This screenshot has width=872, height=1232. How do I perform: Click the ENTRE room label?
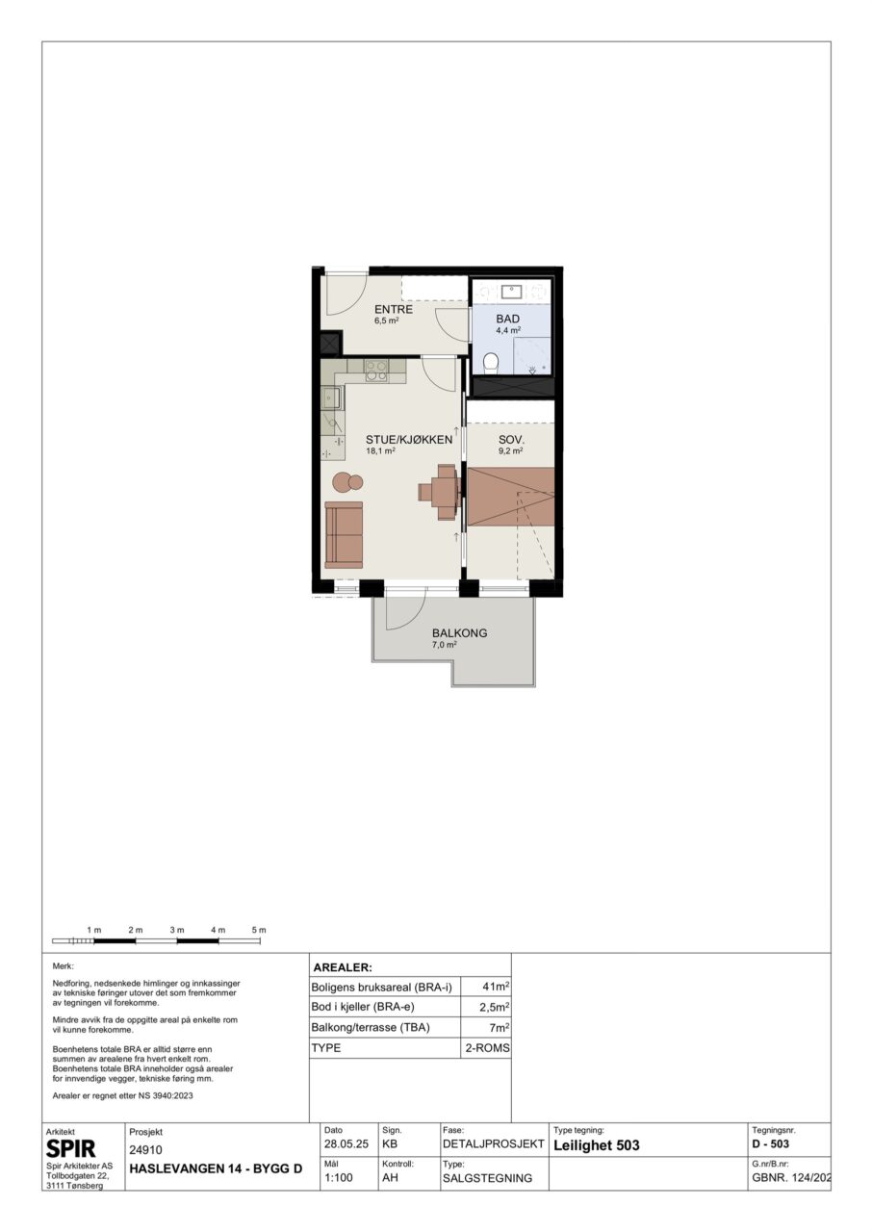click(x=393, y=310)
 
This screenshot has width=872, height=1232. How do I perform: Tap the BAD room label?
click(x=507, y=319)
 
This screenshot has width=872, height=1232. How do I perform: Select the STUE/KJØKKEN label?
click(x=409, y=440)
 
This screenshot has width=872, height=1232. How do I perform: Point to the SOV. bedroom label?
click(x=511, y=440)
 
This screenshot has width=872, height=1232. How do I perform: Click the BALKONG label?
click(x=460, y=633)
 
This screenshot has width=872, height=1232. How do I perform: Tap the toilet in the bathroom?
click(x=491, y=364)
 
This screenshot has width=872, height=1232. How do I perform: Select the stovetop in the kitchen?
click(x=376, y=371)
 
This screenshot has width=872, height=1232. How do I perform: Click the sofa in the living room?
click(x=344, y=534)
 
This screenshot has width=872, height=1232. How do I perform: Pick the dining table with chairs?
click(x=441, y=492)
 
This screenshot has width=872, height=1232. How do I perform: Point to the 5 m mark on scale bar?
click(x=259, y=930)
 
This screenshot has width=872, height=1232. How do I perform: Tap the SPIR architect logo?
click(x=71, y=1149)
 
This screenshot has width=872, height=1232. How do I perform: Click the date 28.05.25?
click(x=346, y=1144)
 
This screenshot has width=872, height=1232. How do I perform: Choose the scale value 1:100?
click(x=339, y=1178)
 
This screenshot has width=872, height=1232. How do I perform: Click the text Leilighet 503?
click(x=597, y=1145)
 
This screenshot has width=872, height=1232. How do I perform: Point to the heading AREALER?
click(x=343, y=968)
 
